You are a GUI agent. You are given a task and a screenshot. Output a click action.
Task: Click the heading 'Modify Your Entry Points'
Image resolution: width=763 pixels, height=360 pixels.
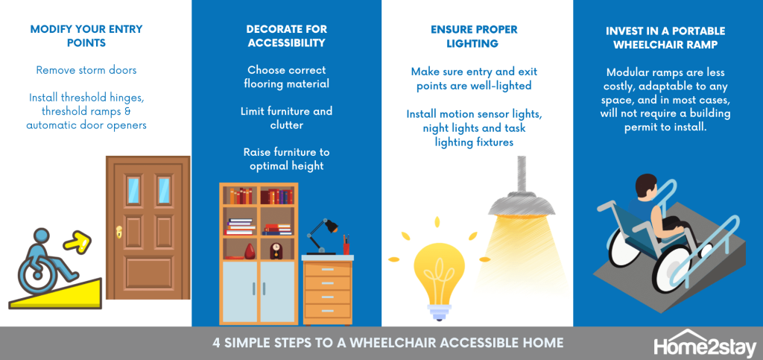tap(86, 36)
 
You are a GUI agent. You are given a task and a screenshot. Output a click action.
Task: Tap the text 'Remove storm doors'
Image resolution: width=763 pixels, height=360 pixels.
tap(86, 70)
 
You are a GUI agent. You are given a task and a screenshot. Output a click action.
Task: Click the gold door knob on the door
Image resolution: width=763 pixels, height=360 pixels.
tap(118, 233)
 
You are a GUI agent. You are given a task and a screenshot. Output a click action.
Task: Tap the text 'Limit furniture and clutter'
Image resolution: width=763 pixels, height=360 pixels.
tap(287, 118)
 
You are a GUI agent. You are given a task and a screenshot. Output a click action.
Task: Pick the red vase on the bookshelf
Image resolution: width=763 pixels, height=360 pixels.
tap(250, 251)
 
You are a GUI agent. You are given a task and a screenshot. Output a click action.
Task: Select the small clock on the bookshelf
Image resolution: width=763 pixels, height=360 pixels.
tap(276, 250)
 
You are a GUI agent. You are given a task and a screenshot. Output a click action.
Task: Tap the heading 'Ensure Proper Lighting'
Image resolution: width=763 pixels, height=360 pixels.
tap(474, 36)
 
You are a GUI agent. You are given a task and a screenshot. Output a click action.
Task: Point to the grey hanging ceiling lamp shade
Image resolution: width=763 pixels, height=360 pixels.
tap(522, 201)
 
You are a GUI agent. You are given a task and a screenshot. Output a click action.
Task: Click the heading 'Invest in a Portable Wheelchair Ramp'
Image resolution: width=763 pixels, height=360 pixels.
tap(665, 38)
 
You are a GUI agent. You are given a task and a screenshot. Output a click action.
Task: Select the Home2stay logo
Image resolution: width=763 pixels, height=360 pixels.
tap(705, 344)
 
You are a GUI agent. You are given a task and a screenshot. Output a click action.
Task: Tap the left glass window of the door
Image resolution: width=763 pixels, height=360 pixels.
tap(133, 191)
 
